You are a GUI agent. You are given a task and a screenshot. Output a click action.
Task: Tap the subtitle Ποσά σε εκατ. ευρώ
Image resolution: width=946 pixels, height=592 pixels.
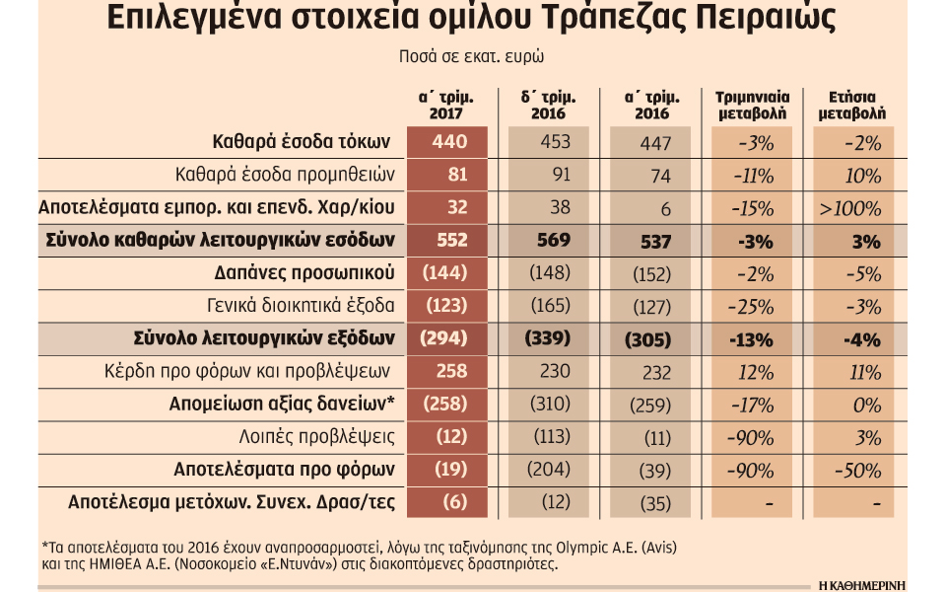coord(472,56)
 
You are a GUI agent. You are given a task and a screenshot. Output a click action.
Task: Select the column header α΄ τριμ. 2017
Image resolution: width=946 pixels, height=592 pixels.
coord(446,105)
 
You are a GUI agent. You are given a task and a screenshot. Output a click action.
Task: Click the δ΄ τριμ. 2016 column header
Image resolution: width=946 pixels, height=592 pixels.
coord(549,105)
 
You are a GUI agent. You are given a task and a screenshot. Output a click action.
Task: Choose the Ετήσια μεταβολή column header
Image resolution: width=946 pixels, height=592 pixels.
coord(853,105)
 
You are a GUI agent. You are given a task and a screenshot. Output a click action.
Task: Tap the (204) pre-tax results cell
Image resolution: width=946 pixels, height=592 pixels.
coord(550,469)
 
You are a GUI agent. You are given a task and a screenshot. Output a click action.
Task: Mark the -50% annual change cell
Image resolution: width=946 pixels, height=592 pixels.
coord(854,469)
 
